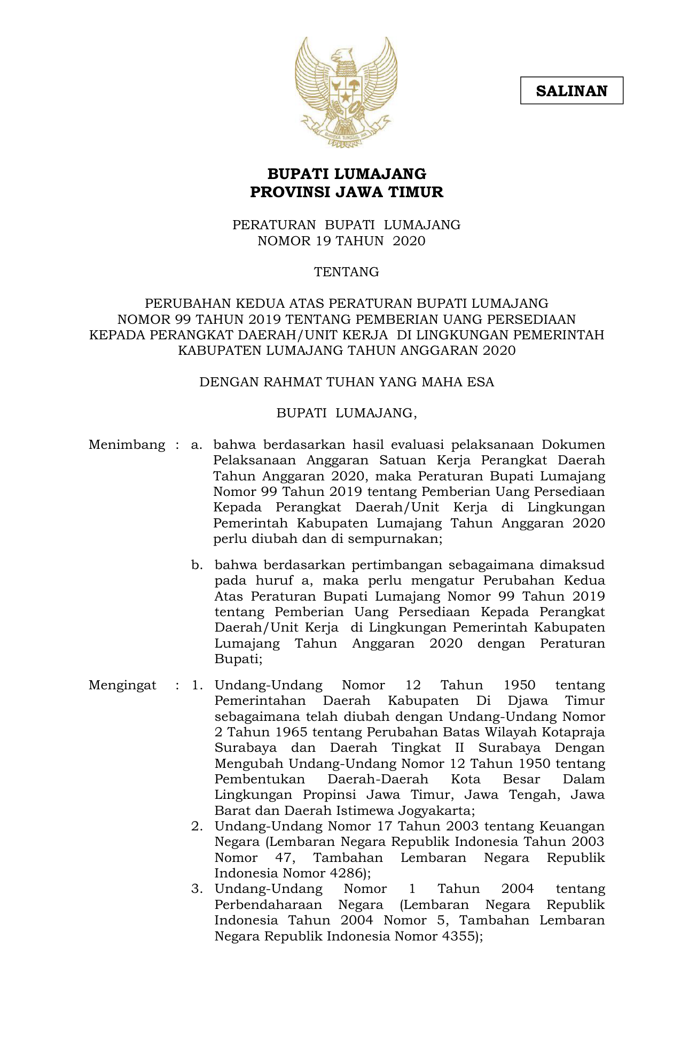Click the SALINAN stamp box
pos(572,91)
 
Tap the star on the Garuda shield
pos(346,97)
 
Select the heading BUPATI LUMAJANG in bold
pos(347,174)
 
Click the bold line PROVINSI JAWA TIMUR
pos(347,192)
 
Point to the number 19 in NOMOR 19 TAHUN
pos(323,241)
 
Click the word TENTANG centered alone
pos(347,272)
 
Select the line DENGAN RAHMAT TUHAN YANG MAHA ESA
pos(347,382)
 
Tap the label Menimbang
pos(127,445)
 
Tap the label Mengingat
pos(122,685)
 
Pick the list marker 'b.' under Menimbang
pos(197,565)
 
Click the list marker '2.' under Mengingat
pos(197,826)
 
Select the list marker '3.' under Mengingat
pos(197,889)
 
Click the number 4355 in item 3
pos(458,936)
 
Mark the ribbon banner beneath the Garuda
pos(346,137)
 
